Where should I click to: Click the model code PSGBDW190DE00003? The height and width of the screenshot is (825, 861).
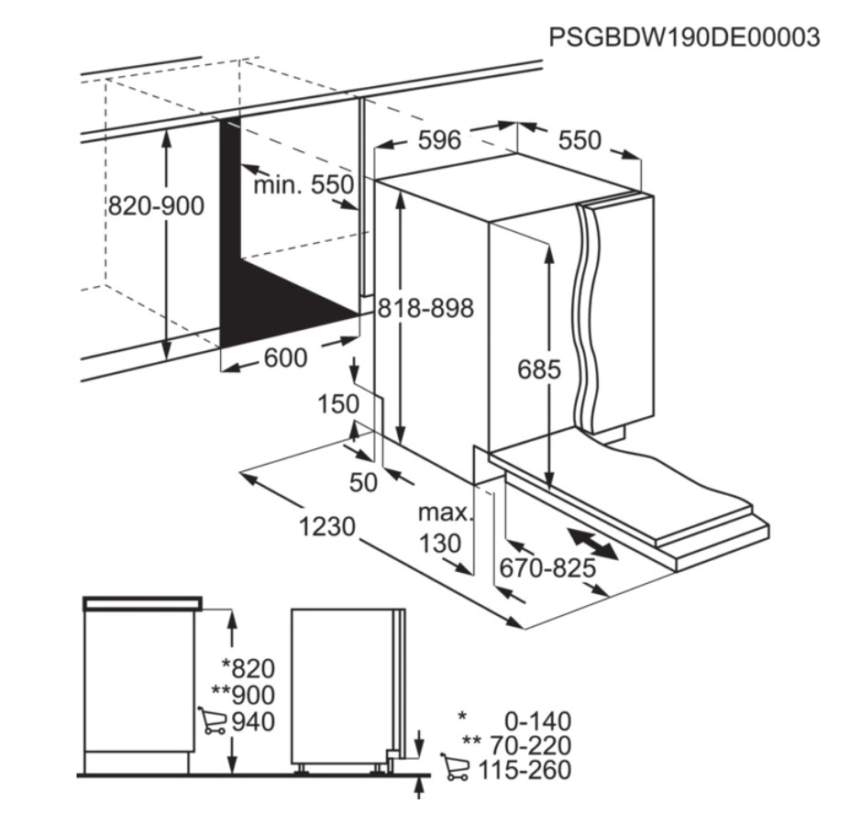(x=685, y=38)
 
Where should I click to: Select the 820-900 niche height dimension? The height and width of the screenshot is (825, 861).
(x=156, y=206)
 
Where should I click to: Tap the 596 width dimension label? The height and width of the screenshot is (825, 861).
(x=439, y=140)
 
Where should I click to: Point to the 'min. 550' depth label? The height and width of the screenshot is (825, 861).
(x=304, y=185)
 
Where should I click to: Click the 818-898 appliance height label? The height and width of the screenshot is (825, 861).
(x=425, y=309)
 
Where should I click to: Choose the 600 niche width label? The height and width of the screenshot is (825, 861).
(x=285, y=358)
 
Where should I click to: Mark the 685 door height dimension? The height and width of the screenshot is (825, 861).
(x=539, y=369)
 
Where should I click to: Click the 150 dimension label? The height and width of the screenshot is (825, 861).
(x=338, y=404)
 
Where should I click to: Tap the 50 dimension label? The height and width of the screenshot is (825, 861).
(x=363, y=483)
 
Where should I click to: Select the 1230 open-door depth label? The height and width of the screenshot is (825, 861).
(x=327, y=527)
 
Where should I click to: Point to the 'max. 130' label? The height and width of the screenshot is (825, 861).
(x=443, y=528)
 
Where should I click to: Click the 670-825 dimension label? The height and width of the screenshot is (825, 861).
(x=547, y=567)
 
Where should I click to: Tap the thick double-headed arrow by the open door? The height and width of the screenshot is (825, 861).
(x=593, y=544)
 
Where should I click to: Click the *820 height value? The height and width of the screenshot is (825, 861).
(x=248, y=669)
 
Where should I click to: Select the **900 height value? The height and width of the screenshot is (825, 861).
(x=243, y=696)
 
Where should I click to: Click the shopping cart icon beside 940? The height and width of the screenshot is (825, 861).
(x=212, y=720)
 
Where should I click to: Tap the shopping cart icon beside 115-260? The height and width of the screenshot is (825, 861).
(x=455, y=766)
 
